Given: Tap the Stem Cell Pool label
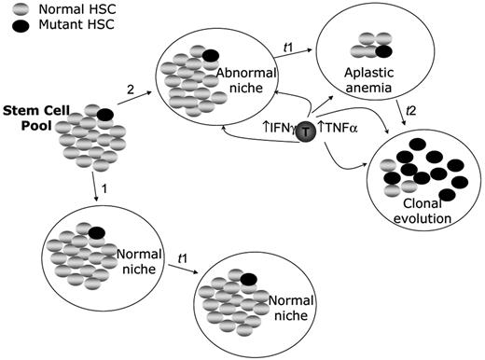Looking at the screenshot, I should (x=29, y=118).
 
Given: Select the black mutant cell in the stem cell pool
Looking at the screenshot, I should (x=104, y=114).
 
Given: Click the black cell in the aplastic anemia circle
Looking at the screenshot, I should (x=384, y=51).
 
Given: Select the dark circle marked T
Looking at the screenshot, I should (x=306, y=133).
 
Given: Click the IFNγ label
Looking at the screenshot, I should (x=276, y=132).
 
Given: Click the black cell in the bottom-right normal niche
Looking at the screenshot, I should (x=249, y=278).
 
